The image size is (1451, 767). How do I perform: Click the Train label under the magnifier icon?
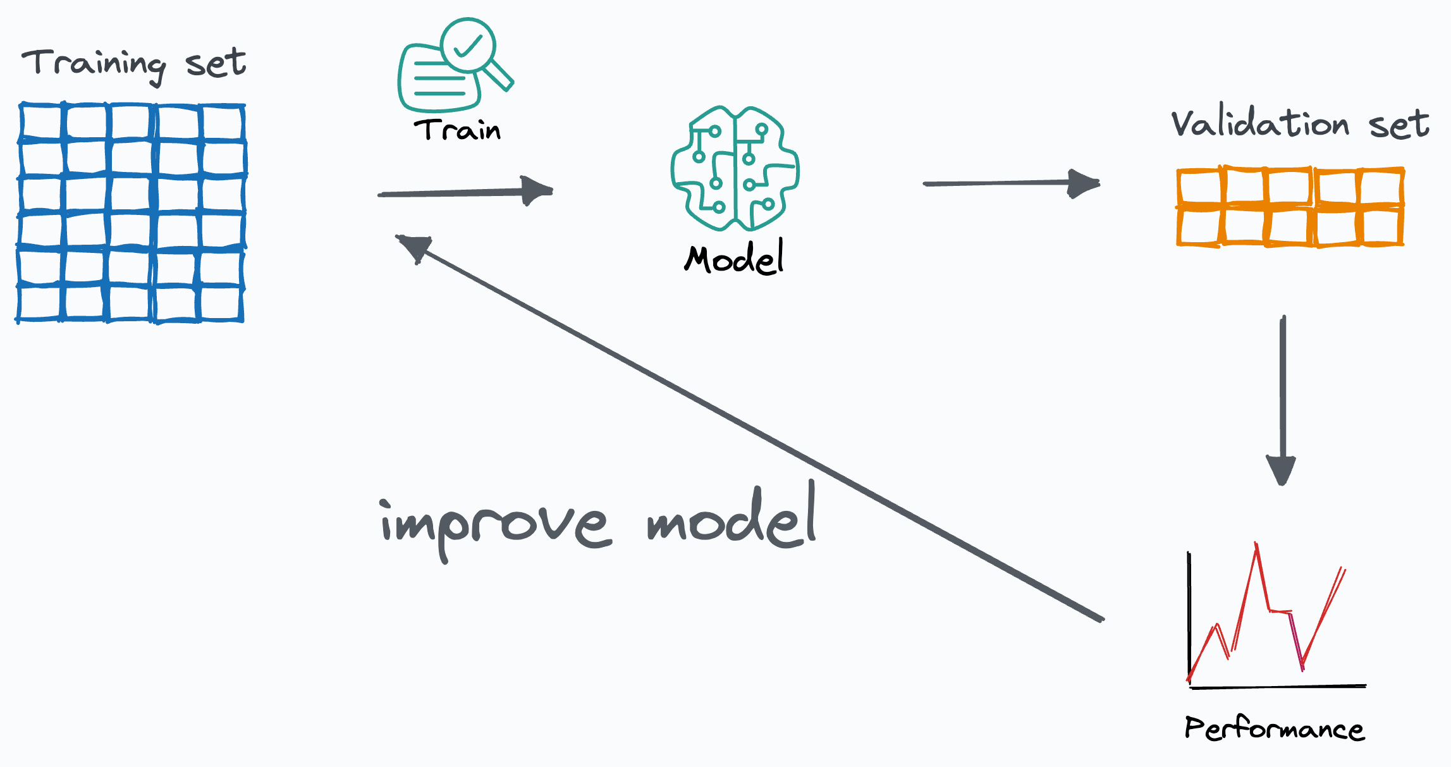point(457,130)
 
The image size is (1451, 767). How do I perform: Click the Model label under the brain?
point(734,258)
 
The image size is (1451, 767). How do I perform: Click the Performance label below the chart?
point(1274,729)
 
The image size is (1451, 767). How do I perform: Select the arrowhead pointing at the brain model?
point(536,190)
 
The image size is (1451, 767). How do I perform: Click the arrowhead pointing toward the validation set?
point(1083,183)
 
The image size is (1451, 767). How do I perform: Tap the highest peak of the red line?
point(1256,545)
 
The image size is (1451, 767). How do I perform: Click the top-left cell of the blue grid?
point(41,122)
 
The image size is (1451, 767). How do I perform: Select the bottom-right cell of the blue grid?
point(221,304)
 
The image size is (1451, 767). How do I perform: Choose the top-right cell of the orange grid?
point(1381,187)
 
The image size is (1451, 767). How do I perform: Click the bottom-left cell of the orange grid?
point(1199,226)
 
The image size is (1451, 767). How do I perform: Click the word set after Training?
point(216,64)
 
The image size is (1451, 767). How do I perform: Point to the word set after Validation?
point(1399,125)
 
